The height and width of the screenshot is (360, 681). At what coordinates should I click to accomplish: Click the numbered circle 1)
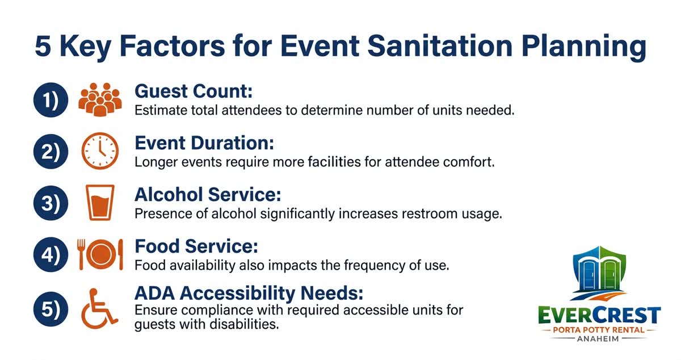[51, 100]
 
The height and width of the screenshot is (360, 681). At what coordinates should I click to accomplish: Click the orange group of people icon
[100, 100]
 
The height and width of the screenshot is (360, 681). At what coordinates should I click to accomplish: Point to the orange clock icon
[100, 152]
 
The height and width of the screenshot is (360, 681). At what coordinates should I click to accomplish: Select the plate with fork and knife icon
[100, 255]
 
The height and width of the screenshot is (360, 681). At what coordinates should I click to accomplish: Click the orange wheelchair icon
[99, 307]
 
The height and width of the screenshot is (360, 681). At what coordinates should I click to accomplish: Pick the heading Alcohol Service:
[208, 195]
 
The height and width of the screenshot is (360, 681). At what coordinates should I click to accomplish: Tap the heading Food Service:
[196, 246]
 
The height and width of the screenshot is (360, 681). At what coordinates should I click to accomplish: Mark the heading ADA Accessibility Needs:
[249, 294]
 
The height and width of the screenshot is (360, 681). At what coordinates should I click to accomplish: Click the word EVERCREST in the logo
[599, 314]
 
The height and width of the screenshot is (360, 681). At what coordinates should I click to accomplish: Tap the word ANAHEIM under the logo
[599, 339]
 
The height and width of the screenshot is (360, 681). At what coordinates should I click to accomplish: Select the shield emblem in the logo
[599, 273]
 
